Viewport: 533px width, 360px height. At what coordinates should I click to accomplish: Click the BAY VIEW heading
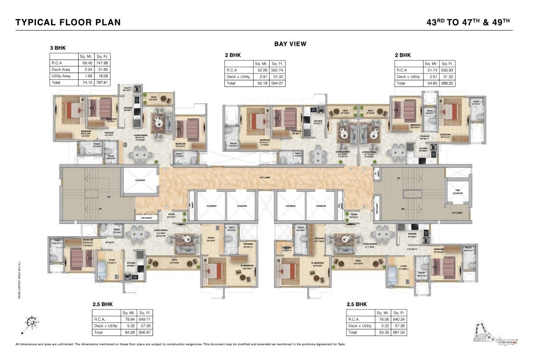tap(290, 44)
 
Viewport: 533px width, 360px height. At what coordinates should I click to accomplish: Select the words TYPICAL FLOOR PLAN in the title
tap(68, 22)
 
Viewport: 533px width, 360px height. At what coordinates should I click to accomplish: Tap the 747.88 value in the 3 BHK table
tap(102, 62)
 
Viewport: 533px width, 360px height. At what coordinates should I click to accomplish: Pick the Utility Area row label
tap(62, 76)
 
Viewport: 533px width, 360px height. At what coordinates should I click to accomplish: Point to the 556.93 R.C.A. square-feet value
tap(446, 70)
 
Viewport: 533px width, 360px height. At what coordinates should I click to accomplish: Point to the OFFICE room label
tap(211, 238)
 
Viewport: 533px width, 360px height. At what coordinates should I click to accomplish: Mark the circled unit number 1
tap(164, 169)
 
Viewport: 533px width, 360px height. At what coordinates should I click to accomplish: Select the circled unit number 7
tap(165, 208)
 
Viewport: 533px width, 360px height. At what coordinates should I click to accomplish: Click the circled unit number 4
tap(364, 208)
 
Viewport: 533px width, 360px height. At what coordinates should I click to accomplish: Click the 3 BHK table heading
tap(58, 48)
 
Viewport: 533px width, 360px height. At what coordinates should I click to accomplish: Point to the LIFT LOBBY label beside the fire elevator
tap(459, 212)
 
